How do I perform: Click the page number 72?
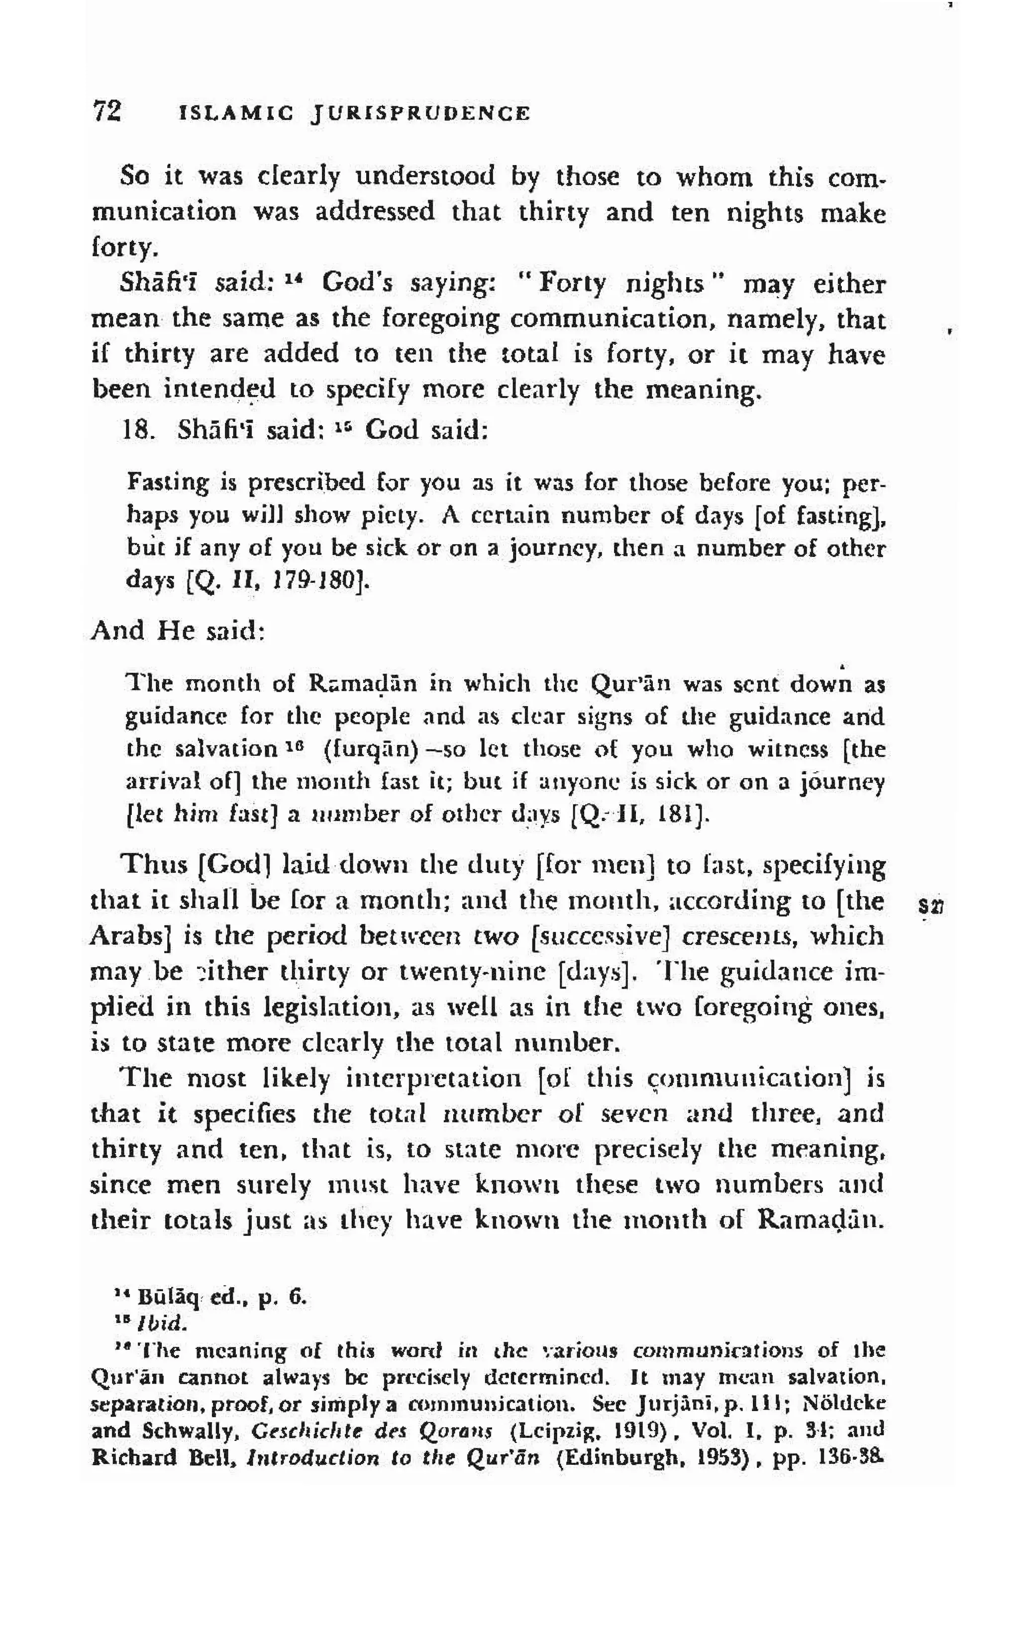point(107,111)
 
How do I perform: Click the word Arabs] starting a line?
point(129,936)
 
